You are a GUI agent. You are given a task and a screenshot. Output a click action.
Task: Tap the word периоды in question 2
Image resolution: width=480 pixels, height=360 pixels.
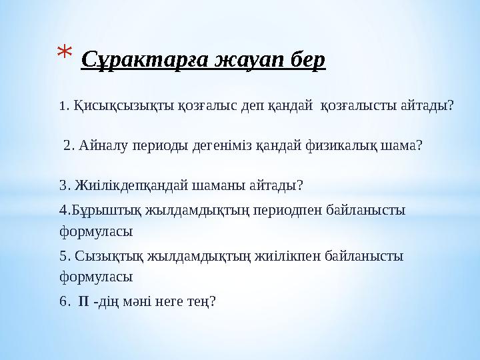(163, 145)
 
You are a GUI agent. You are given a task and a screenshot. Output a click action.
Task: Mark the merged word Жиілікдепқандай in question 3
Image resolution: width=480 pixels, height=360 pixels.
(132, 184)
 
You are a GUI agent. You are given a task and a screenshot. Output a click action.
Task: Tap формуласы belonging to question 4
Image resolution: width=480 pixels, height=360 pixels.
(96, 232)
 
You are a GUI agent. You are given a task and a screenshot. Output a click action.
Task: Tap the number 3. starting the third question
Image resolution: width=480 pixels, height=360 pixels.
(65, 184)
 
